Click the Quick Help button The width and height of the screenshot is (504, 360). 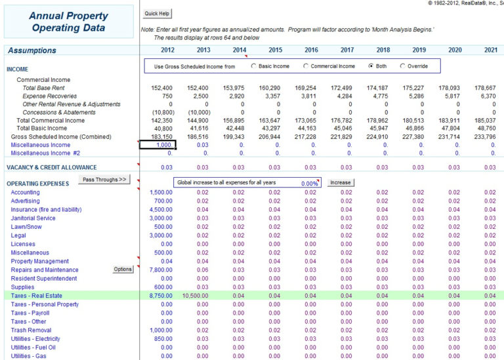(x=157, y=13)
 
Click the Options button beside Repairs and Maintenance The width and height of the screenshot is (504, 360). (x=123, y=270)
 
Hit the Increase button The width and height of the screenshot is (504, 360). (x=340, y=182)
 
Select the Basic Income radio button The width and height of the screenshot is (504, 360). (x=254, y=66)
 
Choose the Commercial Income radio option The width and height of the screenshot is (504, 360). (x=306, y=66)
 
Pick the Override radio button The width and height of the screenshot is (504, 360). (x=402, y=66)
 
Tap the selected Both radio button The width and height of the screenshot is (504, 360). (x=371, y=66)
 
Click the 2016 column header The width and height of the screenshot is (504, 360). (x=311, y=50)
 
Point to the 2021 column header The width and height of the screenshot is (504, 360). (x=490, y=50)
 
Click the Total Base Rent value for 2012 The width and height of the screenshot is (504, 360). (x=163, y=88)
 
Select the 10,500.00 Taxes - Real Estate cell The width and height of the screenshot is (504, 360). (x=196, y=296)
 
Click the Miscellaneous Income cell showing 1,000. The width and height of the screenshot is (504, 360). (x=158, y=145)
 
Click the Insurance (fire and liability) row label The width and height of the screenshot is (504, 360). (x=46, y=210)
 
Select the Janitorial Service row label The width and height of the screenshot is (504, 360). (x=33, y=218)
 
